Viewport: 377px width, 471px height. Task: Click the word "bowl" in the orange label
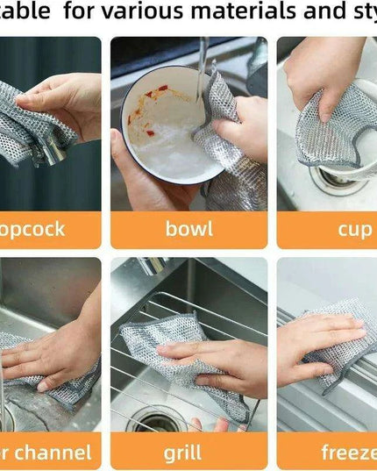click(x=188, y=229)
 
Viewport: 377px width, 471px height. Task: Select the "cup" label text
click(x=355, y=229)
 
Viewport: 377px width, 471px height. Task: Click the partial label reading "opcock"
click(x=32, y=229)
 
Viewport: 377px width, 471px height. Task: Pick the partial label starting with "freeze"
click(x=348, y=453)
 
